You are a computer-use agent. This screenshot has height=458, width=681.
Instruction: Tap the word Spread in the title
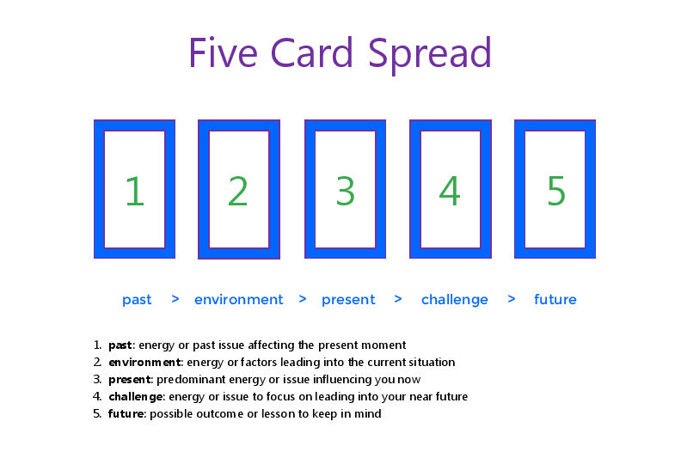(x=430, y=56)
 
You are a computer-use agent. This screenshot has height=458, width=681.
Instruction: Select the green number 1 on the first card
(x=134, y=191)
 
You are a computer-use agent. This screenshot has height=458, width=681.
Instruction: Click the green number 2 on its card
(x=238, y=191)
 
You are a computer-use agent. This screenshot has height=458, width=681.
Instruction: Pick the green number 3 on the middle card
(x=346, y=191)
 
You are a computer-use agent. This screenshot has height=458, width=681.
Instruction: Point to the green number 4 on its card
(x=450, y=191)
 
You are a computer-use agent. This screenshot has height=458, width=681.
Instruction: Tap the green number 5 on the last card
(x=556, y=191)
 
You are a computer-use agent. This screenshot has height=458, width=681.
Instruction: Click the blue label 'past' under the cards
(x=137, y=300)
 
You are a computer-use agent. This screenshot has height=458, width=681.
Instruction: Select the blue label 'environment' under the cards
(x=238, y=299)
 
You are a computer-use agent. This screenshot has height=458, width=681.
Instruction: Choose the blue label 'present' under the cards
(x=348, y=300)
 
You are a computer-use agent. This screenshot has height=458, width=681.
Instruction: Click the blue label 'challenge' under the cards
(x=455, y=300)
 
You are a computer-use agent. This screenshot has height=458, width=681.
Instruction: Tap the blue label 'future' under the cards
(x=555, y=299)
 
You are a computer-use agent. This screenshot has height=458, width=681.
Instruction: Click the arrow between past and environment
(x=175, y=299)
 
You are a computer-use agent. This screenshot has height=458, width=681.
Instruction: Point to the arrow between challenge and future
(x=512, y=299)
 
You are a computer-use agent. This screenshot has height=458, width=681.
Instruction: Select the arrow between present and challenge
(x=398, y=299)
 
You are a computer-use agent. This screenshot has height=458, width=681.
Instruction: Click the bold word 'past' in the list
(x=120, y=345)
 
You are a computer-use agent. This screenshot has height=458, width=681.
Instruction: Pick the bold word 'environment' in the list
(x=144, y=362)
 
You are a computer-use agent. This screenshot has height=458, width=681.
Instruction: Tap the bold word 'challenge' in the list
(x=136, y=397)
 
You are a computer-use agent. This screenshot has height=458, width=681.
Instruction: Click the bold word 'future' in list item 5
(x=126, y=413)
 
